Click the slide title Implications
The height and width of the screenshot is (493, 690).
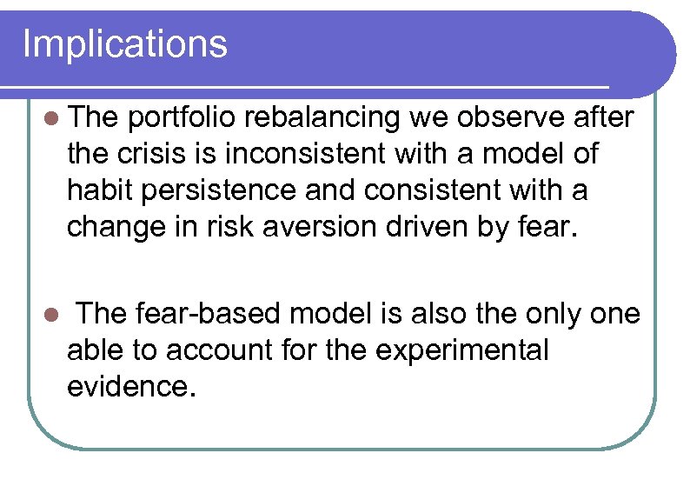[x=125, y=43]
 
